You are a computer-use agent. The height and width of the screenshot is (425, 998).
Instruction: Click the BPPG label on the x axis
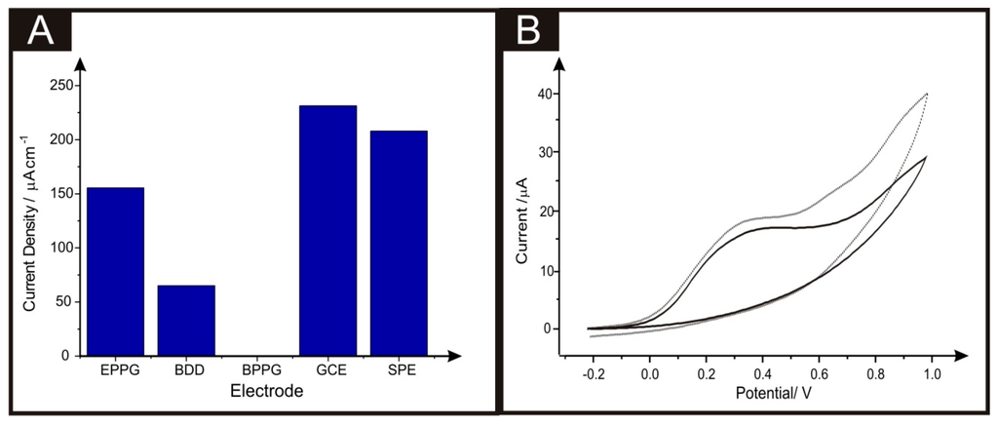point(257,371)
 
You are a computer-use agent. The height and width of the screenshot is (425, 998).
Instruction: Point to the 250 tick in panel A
point(63,85)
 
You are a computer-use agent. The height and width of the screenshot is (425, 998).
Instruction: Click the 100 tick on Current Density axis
point(63,248)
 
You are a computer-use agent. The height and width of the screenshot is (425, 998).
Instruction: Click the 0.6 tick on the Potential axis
point(818,373)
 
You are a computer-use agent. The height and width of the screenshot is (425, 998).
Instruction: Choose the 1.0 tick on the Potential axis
point(931,373)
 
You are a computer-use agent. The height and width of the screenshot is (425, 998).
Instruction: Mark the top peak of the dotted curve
point(926,94)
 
